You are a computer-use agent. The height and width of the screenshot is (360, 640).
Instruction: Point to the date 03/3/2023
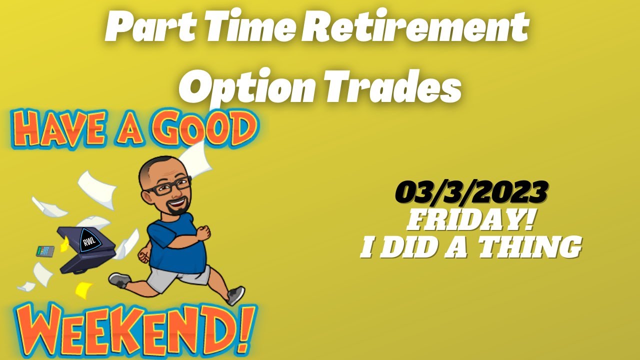click(x=470, y=192)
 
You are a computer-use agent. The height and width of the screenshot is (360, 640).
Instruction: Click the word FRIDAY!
click(x=470, y=220)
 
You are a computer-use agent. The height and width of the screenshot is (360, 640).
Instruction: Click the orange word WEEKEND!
click(x=132, y=324)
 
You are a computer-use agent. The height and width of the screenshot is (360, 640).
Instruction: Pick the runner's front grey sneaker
click(x=236, y=295)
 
